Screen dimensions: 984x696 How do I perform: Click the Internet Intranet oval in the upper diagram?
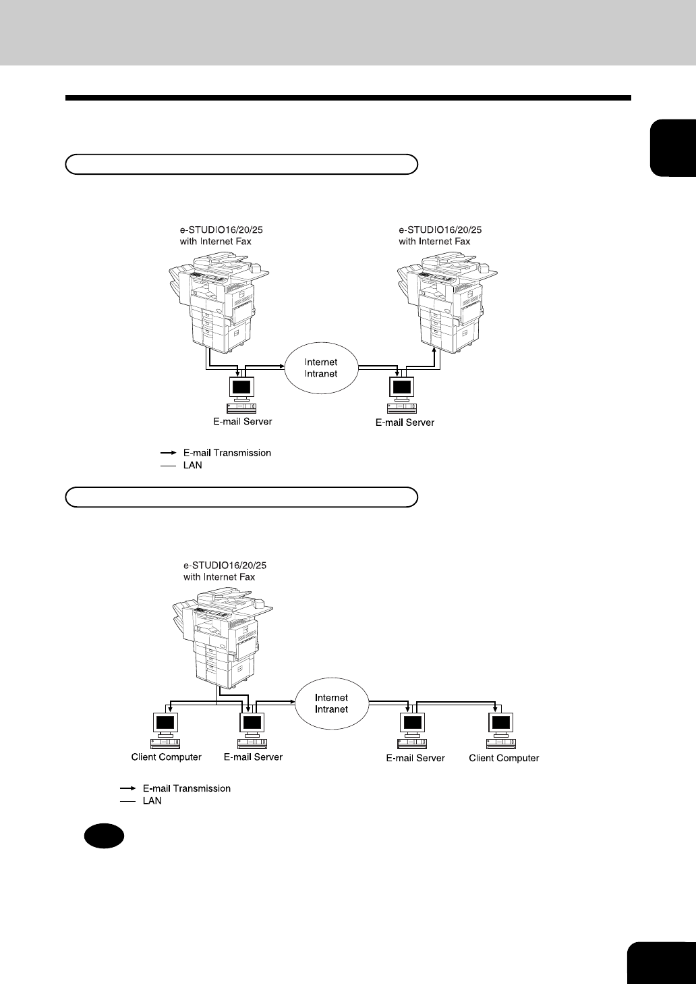pyautogui.click(x=321, y=368)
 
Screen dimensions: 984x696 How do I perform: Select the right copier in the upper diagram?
pyautogui.click(x=445, y=304)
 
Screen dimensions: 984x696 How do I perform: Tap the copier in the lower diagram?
pyautogui.click(x=219, y=638)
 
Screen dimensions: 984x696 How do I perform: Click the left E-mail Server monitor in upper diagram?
pyautogui.click(x=241, y=388)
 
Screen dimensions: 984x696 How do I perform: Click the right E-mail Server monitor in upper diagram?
pyautogui.click(x=403, y=388)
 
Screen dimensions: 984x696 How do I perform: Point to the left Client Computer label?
pyautogui.click(x=166, y=757)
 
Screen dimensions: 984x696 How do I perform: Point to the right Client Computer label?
pyautogui.click(x=504, y=758)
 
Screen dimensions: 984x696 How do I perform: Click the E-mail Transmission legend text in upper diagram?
pyautogui.click(x=227, y=453)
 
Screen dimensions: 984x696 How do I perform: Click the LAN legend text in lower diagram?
pyautogui.click(x=152, y=801)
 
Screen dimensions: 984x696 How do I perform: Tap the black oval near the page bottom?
pyautogui.click(x=104, y=836)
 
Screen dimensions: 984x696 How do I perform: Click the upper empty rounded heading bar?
pyautogui.click(x=241, y=164)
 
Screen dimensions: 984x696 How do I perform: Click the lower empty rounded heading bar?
pyautogui.click(x=241, y=497)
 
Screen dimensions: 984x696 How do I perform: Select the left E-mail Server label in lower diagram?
pyautogui.click(x=253, y=757)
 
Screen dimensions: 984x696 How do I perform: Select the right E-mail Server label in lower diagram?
pyautogui.click(x=415, y=758)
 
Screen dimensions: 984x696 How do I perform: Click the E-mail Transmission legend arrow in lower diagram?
pyautogui.click(x=127, y=788)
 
